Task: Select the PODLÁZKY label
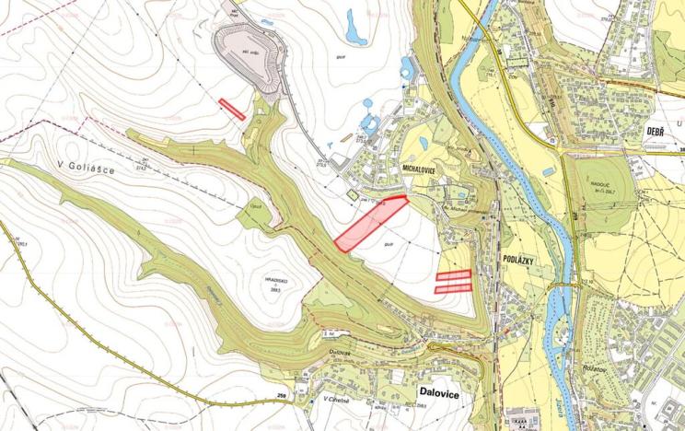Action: coord(522,261)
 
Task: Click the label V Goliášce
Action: coord(86,166)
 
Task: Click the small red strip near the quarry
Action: coord(232,109)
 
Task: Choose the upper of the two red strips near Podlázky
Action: coord(453,274)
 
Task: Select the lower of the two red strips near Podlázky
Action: coord(453,288)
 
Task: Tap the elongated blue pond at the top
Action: coord(354,28)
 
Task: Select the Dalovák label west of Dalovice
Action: coord(340,351)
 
